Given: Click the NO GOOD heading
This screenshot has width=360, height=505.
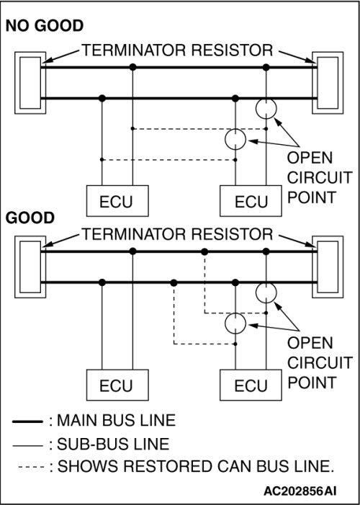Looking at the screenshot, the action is click(45, 26).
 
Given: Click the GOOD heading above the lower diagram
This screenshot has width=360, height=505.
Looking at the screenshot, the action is click(30, 218).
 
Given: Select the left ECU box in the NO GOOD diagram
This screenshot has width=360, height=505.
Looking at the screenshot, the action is click(117, 201).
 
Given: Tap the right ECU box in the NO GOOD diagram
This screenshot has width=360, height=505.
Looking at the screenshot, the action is click(251, 201).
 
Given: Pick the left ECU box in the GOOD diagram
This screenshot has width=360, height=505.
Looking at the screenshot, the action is click(117, 385).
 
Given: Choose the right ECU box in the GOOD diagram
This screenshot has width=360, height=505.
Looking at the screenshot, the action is click(251, 385).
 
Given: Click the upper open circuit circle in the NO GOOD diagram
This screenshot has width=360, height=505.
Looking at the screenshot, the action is click(266, 99).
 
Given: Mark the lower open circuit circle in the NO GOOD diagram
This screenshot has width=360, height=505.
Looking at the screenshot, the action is click(235, 129).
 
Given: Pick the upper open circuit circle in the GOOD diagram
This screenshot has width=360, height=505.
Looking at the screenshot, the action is click(266, 283).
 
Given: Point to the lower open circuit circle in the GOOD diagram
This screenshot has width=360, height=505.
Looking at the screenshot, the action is click(235, 313).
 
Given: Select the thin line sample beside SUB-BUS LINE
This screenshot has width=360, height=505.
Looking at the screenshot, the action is click(27, 446).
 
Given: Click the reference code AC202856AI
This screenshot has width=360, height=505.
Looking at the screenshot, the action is click(300, 491).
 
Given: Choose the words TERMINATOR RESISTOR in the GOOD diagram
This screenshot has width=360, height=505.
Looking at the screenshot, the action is click(177, 234).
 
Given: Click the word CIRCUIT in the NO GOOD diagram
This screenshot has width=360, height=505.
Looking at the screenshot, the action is click(320, 178).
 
